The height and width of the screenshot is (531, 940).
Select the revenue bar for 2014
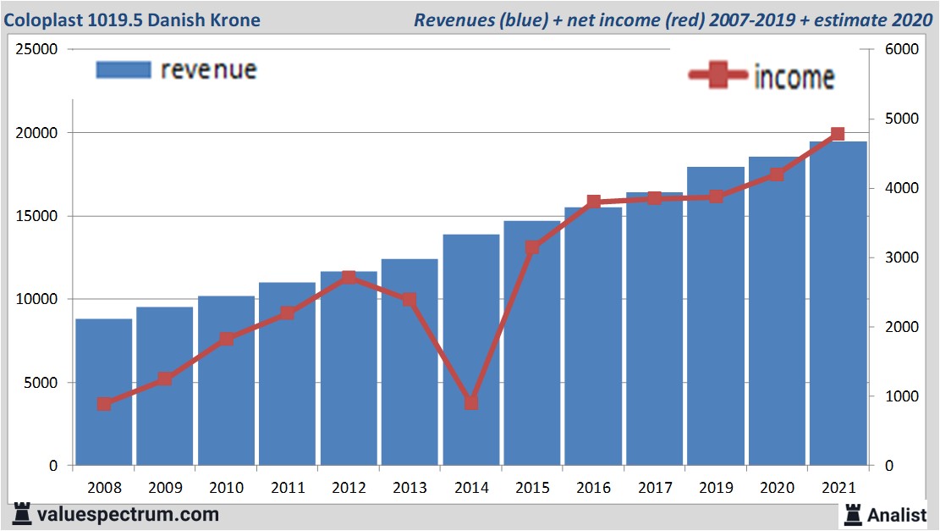pos(470,356)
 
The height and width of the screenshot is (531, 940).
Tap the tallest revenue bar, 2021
pos(838,305)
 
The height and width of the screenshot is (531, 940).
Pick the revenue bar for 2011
pos(287,377)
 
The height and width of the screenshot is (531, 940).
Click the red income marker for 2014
pos(471,402)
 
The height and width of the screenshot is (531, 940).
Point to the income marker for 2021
pos(838,134)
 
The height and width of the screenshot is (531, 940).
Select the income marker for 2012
pos(349,278)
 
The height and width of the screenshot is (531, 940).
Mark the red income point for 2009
pos(165,379)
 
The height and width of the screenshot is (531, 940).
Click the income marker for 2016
pos(593,202)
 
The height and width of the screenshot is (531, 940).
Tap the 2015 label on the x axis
pos(532,489)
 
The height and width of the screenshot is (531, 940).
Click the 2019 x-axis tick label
pos(716,489)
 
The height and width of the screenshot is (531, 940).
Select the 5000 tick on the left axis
pos(41,383)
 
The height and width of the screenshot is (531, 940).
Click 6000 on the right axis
pos(900,50)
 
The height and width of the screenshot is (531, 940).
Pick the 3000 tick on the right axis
pos(900,257)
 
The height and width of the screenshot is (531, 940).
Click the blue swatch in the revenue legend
pos(123,70)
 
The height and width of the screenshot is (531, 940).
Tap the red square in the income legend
pos(718,75)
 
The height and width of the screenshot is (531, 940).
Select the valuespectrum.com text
pos(127,514)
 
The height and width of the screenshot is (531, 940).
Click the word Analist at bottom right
pos(896,514)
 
